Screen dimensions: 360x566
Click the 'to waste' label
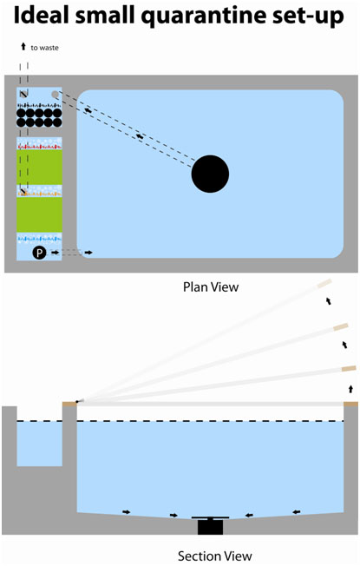point(44,48)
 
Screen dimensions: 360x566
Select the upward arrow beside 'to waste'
point(23,46)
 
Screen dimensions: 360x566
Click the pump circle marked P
point(39,253)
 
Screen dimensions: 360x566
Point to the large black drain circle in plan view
point(210,174)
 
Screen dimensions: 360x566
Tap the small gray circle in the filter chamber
point(55,95)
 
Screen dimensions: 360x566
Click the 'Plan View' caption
point(211,287)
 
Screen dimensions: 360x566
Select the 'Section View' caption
point(214,556)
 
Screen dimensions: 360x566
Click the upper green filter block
point(39,168)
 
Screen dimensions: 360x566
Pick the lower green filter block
point(39,214)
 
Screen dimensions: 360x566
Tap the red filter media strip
point(39,147)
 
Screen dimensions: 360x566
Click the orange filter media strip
point(39,194)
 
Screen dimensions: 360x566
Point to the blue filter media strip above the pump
point(39,239)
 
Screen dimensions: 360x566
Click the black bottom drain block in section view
point(210,527)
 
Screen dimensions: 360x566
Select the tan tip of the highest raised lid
point(324,284)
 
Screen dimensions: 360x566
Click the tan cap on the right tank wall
point(350,404)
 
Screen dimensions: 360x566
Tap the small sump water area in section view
point(39,444)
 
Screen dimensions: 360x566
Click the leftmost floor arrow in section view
point(127,512)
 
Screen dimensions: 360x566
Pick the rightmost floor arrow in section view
point(297,511)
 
